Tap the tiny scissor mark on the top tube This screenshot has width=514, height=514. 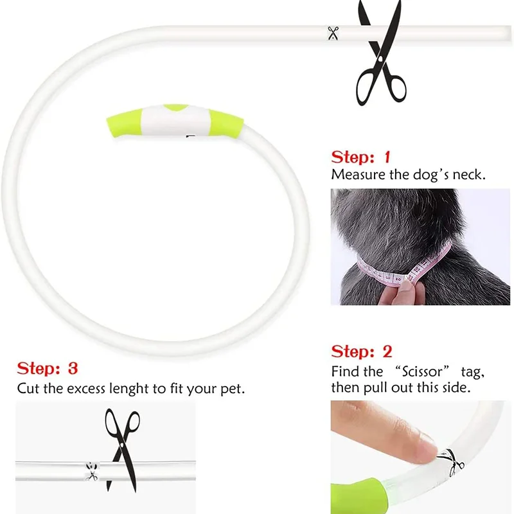point(332,33)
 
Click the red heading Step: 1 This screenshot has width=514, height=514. point(361,157)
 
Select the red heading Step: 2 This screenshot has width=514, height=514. point(362,352)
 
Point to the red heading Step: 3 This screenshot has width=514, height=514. point(48,369)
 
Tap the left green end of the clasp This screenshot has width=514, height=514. point(123,123)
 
